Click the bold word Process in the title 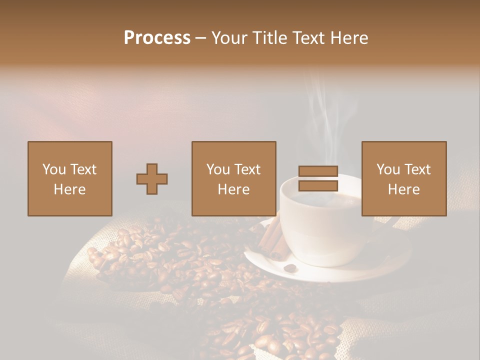coord(157,38)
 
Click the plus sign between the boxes coord(152,179)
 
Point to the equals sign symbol coord(318,179)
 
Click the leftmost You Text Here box coord(70,178)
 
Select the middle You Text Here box coord(234,178)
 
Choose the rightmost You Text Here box coord(404,178)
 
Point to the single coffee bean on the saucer coord(289,268)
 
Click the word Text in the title coord(308,38)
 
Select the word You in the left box coord(54,169)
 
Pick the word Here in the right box coord(404,189)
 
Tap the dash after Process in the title coord(200,38)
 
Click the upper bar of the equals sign coord(318,171)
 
